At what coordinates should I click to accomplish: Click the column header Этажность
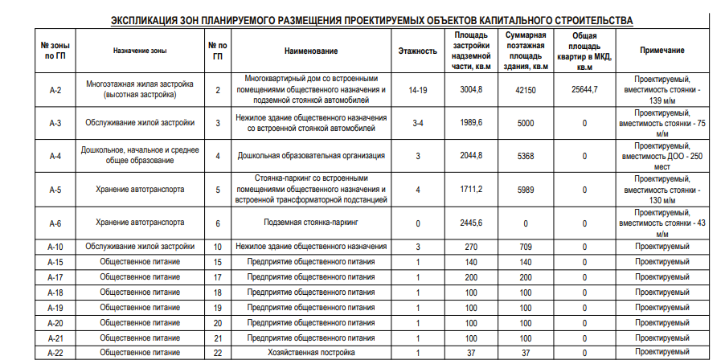pyautogui.click(x=417, y=50)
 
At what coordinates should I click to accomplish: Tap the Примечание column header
pyautogui.click(x=662, y=50)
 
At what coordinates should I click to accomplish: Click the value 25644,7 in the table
pyautogui.click(x=584, y=89)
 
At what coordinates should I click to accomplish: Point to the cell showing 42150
pyautogui.click(x=526, y=89)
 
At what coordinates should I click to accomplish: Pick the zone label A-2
pyautogui.click(x=55, y=89)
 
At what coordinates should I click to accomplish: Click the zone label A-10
pyautogui.click(x=55, y=247)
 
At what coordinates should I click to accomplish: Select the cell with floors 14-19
pyautogui.click(x=417, y=89)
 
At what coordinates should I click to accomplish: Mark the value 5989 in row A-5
pyautogui.click(x=526, y=190)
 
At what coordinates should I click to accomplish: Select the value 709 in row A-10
pyautogui.click(x=526, y=247)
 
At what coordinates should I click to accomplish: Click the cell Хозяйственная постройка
pyautogui.click(x=311, y=352)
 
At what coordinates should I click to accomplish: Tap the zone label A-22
pyautogui.click(x=55, y=352)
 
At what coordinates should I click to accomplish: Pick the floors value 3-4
pyautogui.click(x=417, y=123)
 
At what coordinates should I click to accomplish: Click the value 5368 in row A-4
pyautogui.click(x=526, y=156)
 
